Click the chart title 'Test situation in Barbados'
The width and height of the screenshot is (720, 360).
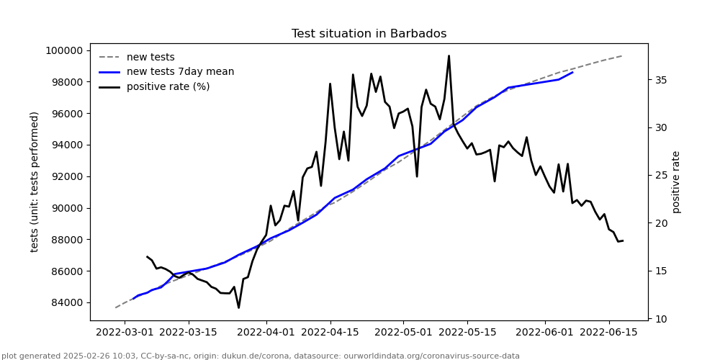(369, 34)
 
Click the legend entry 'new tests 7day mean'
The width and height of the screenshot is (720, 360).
(180, 72)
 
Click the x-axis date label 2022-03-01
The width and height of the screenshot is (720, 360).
(125, 333)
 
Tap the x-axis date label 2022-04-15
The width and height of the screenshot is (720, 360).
(330, 333)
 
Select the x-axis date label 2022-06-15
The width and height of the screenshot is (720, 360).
(609, 333)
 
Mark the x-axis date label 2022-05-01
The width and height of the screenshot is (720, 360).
(403, 333)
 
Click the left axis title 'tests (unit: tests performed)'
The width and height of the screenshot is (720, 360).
(35, 181)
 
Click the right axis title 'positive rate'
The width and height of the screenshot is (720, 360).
(676, 181)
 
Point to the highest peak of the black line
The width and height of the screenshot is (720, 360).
(449, 55)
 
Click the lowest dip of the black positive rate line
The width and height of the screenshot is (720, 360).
(238, 308)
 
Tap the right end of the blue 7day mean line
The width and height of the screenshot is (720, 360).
(572, 72)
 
